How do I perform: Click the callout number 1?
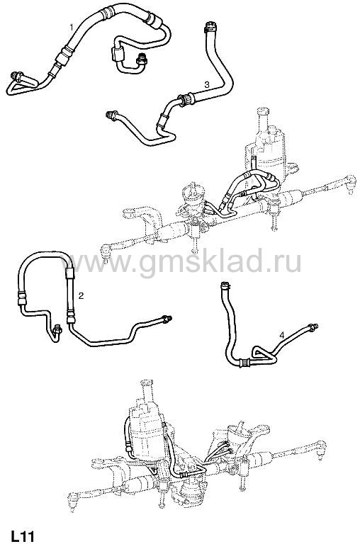coord(72,27)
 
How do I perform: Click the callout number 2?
coord(81,295)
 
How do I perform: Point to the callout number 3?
coord(207,84)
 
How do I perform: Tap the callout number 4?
coord(281,336)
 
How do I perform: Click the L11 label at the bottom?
coord(23,535)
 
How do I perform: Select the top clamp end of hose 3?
coord(210,27)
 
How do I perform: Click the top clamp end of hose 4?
coord(225,286)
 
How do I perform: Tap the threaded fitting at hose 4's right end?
coord(313,326)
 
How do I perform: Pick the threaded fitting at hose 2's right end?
coord(167,319)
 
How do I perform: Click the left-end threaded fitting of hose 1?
coord(17,75)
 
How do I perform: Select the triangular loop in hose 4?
coord(263,353)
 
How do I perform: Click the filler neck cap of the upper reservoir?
coord(263,113)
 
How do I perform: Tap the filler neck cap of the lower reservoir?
coord(147,384)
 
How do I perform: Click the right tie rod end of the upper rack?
coord(350,181)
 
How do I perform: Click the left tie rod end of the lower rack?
coord(74,500)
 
